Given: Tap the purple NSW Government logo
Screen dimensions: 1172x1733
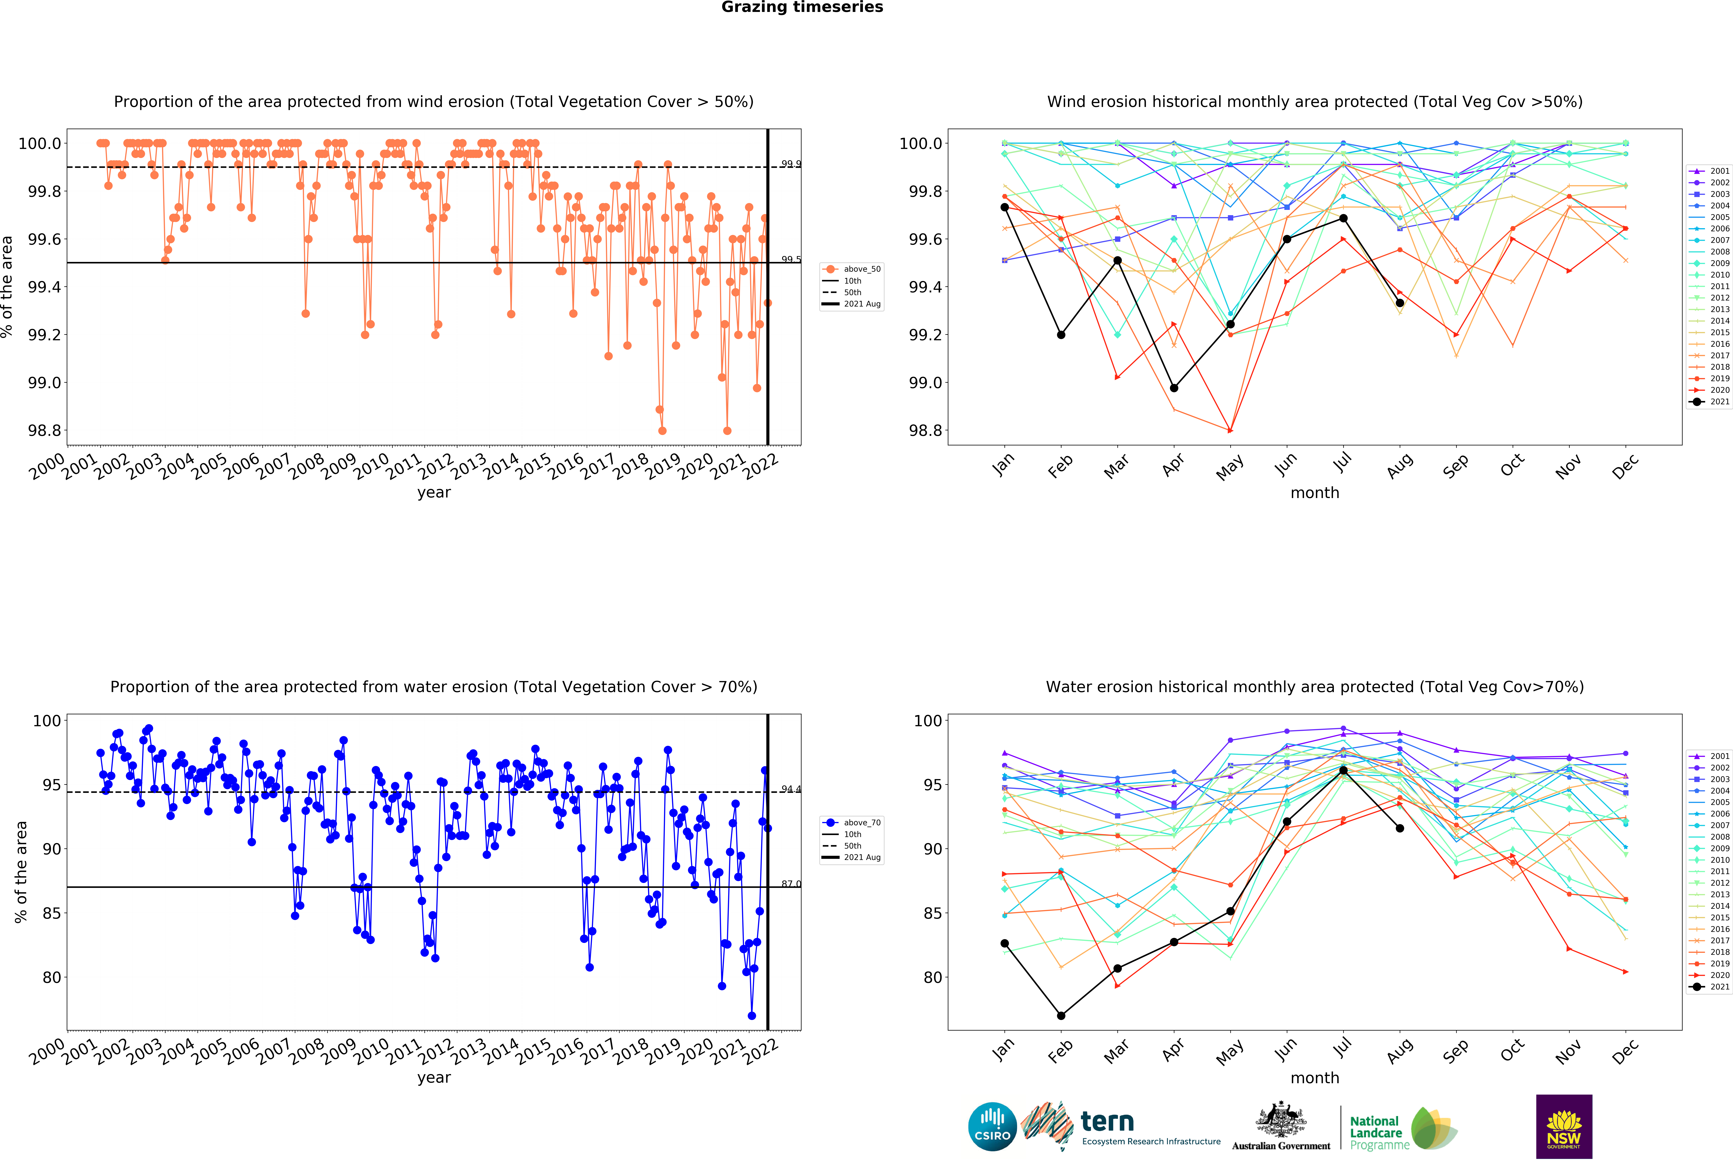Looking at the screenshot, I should point(1564,1127).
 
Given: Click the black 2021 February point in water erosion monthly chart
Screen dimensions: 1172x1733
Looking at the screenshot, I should point(1061,1015).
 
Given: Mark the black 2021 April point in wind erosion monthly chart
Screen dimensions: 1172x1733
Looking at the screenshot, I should point(1174,388).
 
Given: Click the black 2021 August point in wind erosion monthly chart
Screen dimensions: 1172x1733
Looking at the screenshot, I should point(1400,303).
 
